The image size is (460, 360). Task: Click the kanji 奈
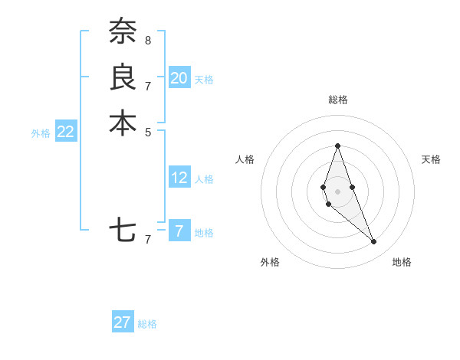(123, 32)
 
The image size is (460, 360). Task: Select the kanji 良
(123, 77)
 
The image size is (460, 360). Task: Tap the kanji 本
(123, 123)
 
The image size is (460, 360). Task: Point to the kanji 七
(123, 230)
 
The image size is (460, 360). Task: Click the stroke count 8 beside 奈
(148, 40)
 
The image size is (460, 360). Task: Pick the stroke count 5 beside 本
(148, 131)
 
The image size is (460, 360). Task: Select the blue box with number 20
(179, 77)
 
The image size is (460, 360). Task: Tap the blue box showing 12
(179, 178)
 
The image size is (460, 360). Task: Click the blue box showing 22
(66, 132)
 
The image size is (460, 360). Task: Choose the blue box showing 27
(123, 322)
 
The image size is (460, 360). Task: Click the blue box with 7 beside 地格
(179, 231)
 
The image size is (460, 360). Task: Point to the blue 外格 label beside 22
(41, 133)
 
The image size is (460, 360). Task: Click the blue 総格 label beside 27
(147, 324)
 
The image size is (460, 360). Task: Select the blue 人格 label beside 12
(204, 179)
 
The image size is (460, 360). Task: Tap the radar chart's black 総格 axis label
(337, 100)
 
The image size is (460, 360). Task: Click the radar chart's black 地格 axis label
(402, 262)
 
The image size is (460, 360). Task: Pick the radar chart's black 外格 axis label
(270, 262)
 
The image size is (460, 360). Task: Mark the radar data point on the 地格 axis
(374, 242)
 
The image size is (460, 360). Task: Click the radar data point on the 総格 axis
(337, 146)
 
